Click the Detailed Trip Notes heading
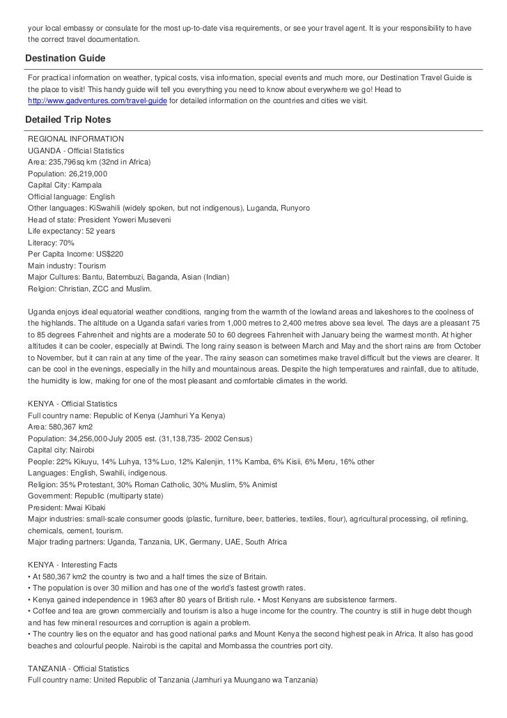[x=68, y=119]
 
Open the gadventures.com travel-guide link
[x=97, y=101]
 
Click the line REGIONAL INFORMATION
[x=76, y=139]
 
